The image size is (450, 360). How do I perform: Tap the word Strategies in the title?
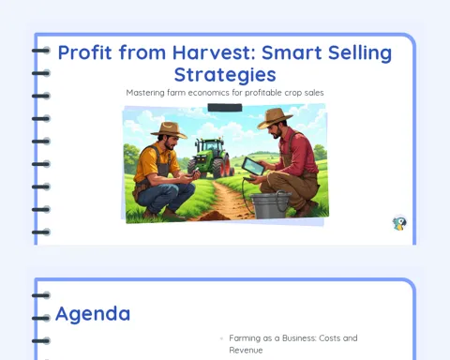225,75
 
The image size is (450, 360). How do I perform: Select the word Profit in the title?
84,52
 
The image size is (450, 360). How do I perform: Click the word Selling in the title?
359,53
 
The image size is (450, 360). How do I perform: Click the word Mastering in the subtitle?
145,93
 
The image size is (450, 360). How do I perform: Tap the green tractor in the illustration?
210,157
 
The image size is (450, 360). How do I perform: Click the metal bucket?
271,205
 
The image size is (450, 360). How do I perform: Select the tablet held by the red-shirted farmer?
253,166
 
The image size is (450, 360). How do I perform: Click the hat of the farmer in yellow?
169,129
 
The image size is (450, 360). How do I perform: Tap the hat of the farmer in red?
275,118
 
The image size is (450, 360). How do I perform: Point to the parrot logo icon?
399,222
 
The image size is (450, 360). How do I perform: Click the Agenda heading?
93,314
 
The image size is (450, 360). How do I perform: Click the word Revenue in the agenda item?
246,350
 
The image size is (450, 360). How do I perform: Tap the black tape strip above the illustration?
225,108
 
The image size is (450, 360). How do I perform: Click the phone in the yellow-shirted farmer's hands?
196,172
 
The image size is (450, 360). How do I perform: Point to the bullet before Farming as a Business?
221,338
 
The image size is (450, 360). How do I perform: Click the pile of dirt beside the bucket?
211,216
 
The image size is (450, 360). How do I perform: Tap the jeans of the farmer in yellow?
165,196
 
